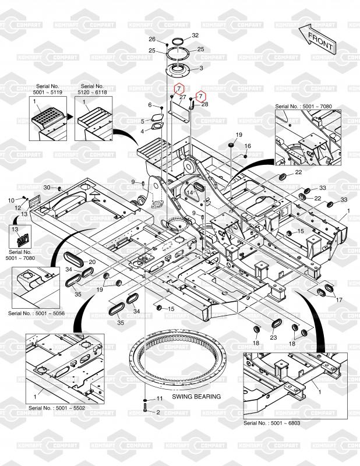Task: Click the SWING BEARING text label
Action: (196, 397)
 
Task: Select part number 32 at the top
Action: (195, 36)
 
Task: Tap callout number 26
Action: (152, 40)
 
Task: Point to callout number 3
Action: (202, 68)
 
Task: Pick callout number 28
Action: (204, 104)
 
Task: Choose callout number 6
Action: (150, 105)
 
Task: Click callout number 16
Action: (247, 146)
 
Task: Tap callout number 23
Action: (273, 337)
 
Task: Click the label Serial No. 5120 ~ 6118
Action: (92, 90)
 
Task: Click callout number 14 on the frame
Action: (189, 193)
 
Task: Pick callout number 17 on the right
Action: (339, 299)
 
